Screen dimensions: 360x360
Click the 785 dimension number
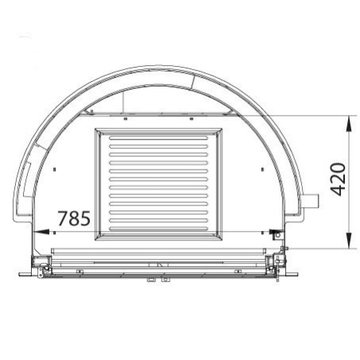(x=73, y=217)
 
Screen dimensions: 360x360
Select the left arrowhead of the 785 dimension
(x=40, y=232)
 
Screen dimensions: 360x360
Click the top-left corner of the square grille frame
(x=96, y=127)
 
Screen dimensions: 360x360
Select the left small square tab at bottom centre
(x=149, y=279)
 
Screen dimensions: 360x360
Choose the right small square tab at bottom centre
(x=165, y=279)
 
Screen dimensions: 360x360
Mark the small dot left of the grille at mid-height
(x=50, y=170)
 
